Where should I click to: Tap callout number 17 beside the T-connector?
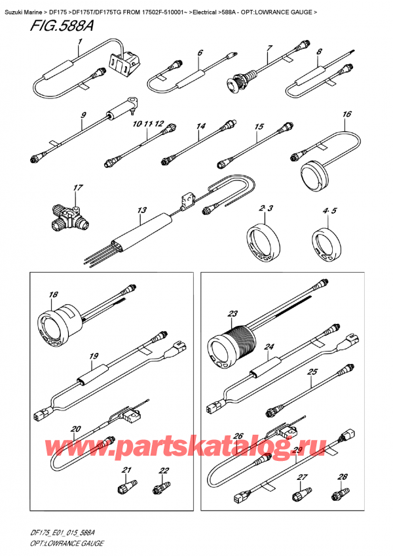tap(78, 188)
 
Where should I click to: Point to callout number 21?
tap(126, 470)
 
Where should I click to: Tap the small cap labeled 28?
tap(343, 490)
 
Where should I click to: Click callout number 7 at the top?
tap(269, 49)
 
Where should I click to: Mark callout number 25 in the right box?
tap(312, 372)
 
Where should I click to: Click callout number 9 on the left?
tap(84, 116)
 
